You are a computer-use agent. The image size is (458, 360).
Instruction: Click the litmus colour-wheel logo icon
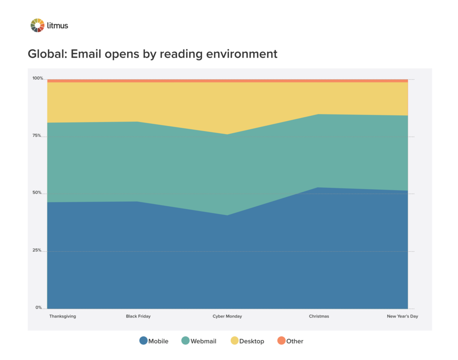pos(38,25)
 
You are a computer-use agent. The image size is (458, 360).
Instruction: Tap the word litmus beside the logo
pos(58,25)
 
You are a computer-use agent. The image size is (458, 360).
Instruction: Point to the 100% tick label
pos(38,78)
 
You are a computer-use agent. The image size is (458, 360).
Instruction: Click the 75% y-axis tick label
pos(37,136)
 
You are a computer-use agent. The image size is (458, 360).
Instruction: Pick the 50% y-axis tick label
pos(37,193)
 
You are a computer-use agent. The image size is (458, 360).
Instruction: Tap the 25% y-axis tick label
pos(37,250)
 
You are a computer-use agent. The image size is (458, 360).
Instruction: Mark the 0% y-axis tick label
pos(39,308)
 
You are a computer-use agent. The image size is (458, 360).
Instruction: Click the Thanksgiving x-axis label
pos(63,316)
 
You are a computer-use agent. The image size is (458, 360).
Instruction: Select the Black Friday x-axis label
pos(138,316)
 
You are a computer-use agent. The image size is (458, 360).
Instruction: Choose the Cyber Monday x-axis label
pos(227,316)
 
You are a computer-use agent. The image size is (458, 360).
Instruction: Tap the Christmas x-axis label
pos(319,316)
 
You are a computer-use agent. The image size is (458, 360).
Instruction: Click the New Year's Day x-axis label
pos(403,316)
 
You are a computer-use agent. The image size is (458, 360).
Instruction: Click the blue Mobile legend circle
pos(144,341)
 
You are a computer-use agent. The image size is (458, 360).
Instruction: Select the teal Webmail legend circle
pos(185,341)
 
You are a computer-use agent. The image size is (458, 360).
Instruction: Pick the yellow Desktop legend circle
pos(234,341)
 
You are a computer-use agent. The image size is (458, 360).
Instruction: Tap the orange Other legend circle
pos(281,341)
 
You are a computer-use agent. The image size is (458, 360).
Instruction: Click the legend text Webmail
pos(204,341)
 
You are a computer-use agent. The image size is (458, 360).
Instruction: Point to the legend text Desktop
pos(252,341)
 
